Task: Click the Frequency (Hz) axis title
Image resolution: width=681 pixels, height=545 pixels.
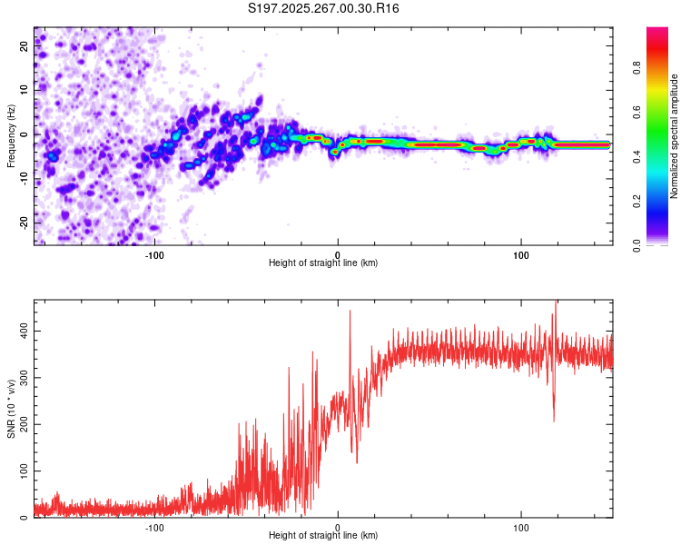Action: (11, 136)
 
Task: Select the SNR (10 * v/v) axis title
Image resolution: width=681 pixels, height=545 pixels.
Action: (11, 409)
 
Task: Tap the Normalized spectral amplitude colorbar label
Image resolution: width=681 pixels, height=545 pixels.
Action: (675, 136)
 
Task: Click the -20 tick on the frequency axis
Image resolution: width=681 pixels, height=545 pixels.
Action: (24, 223)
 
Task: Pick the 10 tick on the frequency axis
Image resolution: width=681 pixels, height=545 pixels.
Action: (25, 90)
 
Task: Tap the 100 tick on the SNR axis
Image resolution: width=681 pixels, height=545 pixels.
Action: (22, 471)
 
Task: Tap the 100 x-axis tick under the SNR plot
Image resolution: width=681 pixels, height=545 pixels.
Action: (521, 526)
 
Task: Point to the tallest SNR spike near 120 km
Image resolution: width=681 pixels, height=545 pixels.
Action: (556, 303)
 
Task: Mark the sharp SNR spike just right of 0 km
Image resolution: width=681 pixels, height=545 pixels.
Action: (350, 312)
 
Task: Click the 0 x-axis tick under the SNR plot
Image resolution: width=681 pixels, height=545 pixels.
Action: (338, 526)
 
